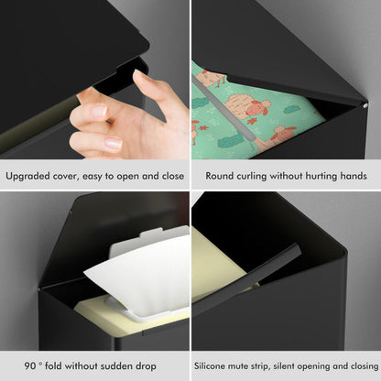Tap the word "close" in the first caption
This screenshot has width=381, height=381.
point(169,175)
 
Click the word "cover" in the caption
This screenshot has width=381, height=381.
point(76,175)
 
